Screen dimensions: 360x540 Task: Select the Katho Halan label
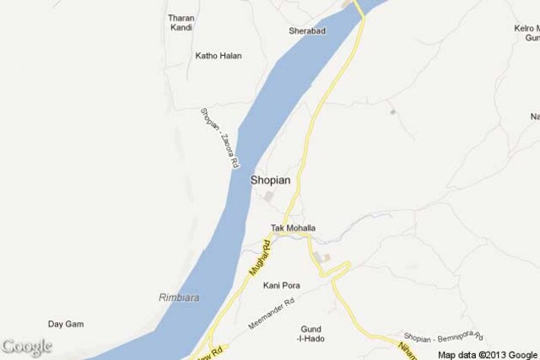(x=218, y=56)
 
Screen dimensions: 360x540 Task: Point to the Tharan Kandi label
(x=181, y=23)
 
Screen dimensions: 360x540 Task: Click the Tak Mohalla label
(x=293, y=228)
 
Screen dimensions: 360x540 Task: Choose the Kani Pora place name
(x=281, y=286)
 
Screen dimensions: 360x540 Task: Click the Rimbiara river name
(x=180, y=297)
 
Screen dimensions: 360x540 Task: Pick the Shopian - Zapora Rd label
(x=215, y=140)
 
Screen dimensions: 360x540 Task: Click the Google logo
(x=26, y=347)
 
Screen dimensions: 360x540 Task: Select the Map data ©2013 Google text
(x=487, y=354)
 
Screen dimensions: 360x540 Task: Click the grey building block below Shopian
(x=269, y=197)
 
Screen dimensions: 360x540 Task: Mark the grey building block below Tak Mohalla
(x=320, y=256)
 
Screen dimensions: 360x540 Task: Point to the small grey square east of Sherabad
(x=392, y=110)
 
